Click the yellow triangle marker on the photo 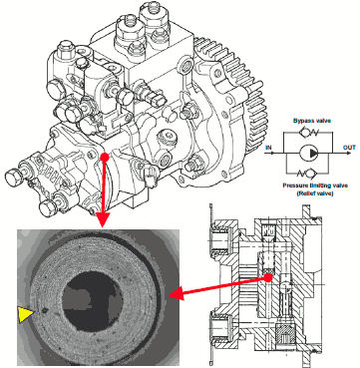click(26, 314)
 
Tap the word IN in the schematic click(269, 148)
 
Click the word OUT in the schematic click(349, 148)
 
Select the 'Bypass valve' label click(312, 121)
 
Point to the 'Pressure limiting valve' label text click(315, 185)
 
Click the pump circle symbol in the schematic click(309, 154)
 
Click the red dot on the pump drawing click(105, 157)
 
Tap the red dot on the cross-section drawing click(268, 277)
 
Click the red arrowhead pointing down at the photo click(103, 220)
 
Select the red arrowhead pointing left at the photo click(176, 294)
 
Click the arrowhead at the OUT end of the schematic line click(348, 154)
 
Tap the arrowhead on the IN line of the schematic click(271, 154)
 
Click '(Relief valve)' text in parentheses click(315, 193)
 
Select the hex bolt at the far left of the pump click(13, 175)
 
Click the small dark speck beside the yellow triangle click(44, 311)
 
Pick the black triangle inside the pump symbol click(313, 154)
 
